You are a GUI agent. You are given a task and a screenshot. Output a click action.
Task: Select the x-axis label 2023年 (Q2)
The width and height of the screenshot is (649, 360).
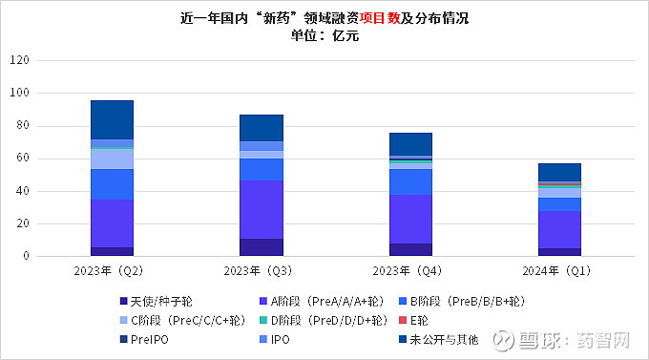click(112, 270)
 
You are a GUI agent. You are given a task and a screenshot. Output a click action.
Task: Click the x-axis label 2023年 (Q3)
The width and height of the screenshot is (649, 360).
click(261, 270)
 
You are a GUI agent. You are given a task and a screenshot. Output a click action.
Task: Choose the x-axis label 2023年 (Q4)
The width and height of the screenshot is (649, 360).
click(410, 270)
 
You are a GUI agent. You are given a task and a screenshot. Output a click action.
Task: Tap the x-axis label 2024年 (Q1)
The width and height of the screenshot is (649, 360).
click(559, 270)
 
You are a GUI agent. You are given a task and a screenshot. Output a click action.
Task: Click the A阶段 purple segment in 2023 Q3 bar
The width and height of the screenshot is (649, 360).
click(261, 209)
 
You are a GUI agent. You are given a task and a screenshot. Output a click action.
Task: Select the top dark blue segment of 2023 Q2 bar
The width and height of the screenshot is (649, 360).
click(112, 119)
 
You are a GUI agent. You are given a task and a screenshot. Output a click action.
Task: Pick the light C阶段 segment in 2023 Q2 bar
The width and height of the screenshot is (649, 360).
click(112, 159)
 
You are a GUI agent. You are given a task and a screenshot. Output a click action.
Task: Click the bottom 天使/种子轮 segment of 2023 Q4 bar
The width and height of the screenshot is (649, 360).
click(410, 250)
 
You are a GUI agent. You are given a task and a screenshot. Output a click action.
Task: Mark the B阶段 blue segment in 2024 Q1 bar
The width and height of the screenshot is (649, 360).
click(559, 204)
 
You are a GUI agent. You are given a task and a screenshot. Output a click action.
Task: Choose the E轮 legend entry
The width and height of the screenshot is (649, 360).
click(419, 320)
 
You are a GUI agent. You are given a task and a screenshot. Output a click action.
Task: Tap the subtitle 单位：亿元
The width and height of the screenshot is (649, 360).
click(324, 35)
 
